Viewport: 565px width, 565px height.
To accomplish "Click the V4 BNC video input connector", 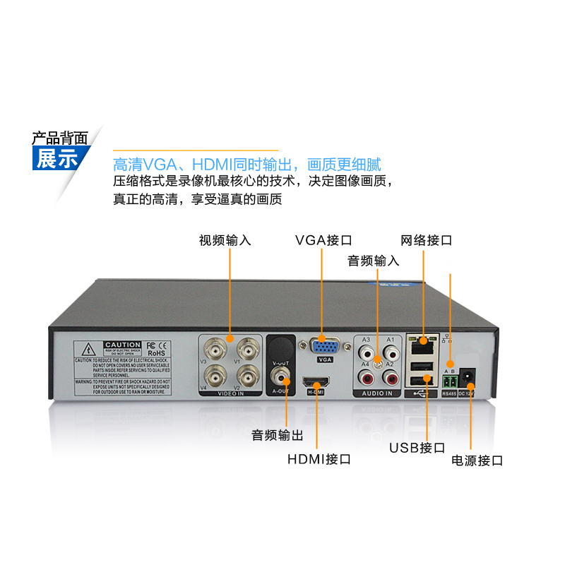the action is tap(215, 373).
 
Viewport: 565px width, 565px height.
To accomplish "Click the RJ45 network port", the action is tap(423, 345).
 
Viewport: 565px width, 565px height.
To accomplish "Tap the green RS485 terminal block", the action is tap(448, 381).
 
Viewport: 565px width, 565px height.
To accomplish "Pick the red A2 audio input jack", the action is tap(388, 377).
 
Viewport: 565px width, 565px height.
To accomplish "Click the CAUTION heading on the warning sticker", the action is tap(122, 345).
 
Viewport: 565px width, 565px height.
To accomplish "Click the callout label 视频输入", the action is tap(225, 240).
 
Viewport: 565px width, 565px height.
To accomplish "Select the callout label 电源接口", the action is tap(477, 461).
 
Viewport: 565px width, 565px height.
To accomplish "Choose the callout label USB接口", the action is tap(417, 448).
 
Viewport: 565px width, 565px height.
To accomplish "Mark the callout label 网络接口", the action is tap(426, 240).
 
